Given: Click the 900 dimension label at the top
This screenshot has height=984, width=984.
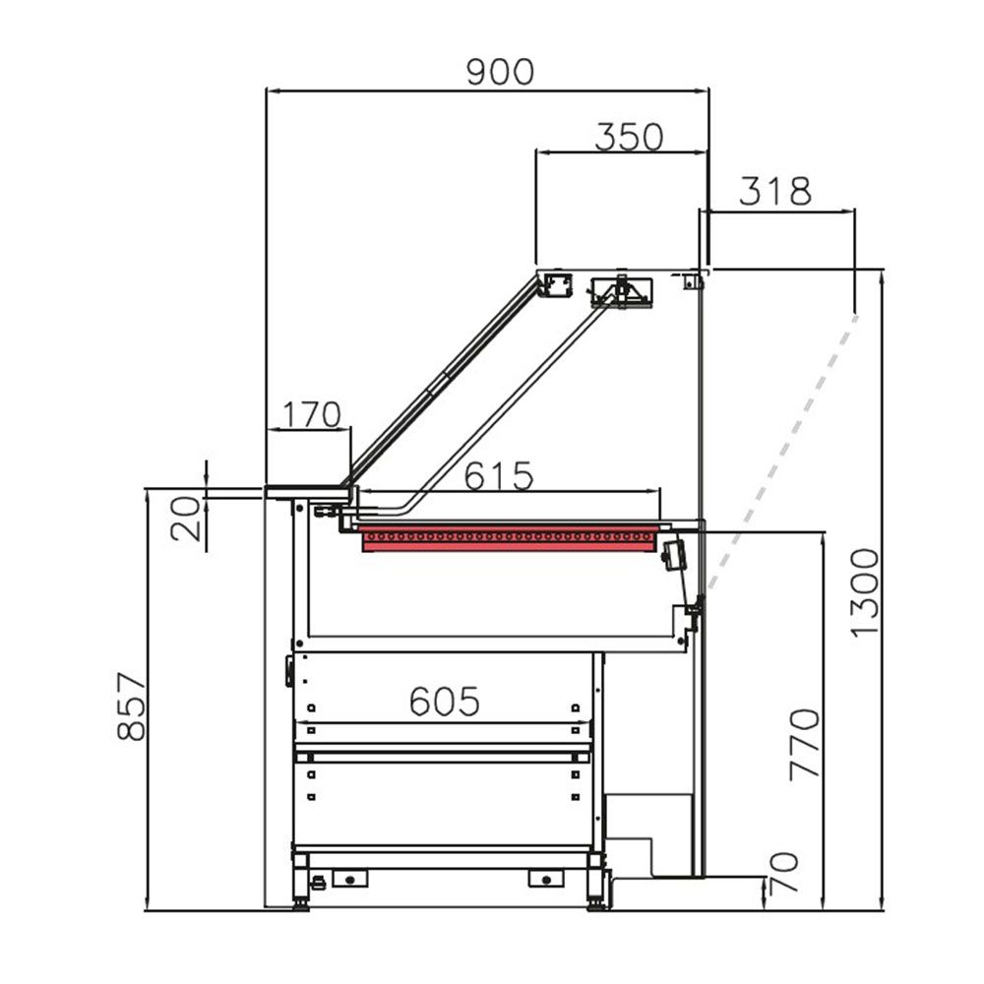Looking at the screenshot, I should pyautogui.click(x=500, y=72).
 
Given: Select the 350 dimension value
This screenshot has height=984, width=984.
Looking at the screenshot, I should pyautogui.click(x=629, y=137).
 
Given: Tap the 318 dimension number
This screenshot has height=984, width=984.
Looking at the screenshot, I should pyautogui.click(x=774, y=191).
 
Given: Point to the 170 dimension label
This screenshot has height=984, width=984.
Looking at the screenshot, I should pyautogui.click(x=311, y=414).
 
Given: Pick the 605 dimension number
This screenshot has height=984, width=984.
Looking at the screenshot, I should pyautogui.click(x=444, y=702).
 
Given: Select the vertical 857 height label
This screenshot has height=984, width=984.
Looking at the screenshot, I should pyautogui.click(x=131, y=706).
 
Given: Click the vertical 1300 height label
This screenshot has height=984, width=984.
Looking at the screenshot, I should pyautogui.click(x=864, y=592).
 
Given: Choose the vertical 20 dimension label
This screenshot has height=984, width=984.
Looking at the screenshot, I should pyautogui.click(x=187, y=519).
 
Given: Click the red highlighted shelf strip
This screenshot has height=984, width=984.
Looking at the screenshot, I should pyautogui.click(x=509, y=538).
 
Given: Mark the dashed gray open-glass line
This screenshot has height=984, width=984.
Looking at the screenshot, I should pyautogui.click(x=782, y=453).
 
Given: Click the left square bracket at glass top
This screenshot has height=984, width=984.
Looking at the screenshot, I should pyautogui.click(x=557, y=285).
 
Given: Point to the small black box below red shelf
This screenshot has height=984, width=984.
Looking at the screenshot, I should pyautogui.click(x=675, y=556).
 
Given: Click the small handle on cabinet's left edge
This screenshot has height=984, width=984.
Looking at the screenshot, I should pyautogui.click(x=289, y=670).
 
